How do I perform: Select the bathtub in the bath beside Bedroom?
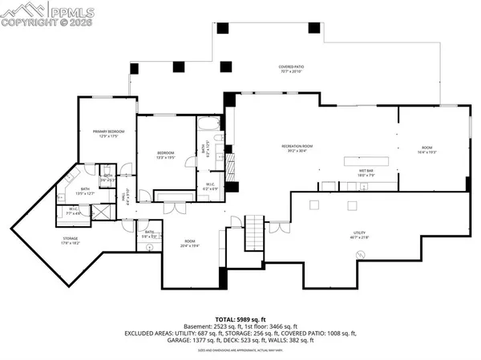tap(206, 123)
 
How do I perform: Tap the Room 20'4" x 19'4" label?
tap(189, 244)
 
